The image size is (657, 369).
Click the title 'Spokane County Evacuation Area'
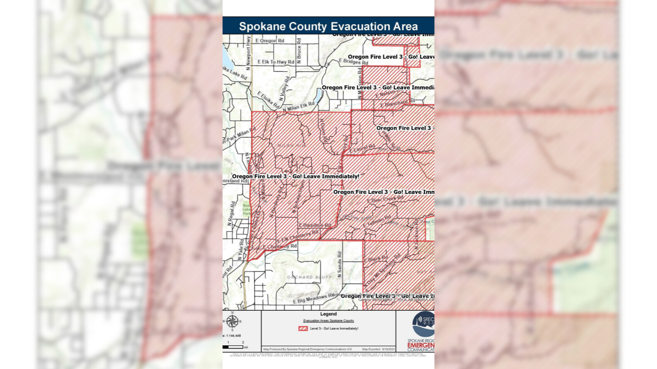click(328, 27)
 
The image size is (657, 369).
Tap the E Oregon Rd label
click(269, 41)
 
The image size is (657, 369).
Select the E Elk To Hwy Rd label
click(276, 62)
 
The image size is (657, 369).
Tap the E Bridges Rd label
click(353, 61)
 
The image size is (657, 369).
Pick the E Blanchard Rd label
click(397, 103)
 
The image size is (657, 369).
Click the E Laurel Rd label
click(362, 148)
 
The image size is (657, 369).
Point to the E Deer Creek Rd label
click(385, 199)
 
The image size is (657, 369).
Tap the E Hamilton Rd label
click(315, 225)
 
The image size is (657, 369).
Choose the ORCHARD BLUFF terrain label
click(309, 277)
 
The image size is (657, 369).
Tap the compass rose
click(232, 321)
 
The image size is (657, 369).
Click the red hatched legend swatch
click(303, 328)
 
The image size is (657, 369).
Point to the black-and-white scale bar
click(233, 347)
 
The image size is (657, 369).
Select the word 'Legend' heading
click(328, 314)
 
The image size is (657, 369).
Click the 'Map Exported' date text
click(378, 349)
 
